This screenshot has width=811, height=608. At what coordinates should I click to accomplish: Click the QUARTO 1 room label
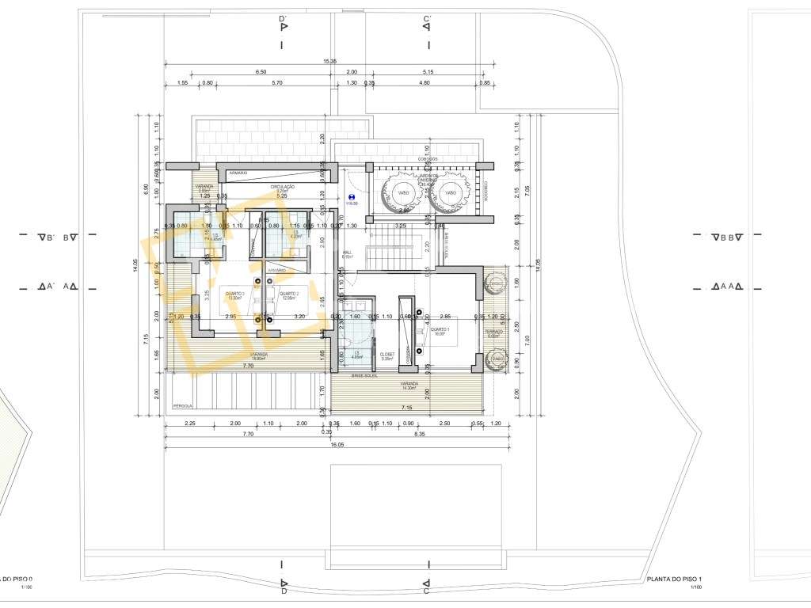pyautogui.click(x=440, y=330)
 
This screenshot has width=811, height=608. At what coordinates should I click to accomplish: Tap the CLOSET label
pyautogui.click(x=386, y=355)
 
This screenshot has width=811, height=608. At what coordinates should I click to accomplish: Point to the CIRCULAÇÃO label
pyautogui.click(x=282, y=187)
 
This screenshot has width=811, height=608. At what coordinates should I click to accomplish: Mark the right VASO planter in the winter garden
pyautogui.click(x=450, y=193)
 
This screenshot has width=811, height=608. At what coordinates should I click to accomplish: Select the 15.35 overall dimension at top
pyautogui.click(x=330, y=61)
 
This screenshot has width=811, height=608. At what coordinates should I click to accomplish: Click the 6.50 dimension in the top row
pyautogui.click(x=261, y=72)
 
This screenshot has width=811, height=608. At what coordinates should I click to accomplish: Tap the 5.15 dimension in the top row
pyautogui.click(x=428, y=72)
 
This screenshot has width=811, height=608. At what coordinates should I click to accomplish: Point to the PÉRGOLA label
pyautogui.click(x=182, y=406)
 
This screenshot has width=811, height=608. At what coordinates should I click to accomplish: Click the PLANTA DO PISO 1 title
pyautogui.click(x=674, y=579)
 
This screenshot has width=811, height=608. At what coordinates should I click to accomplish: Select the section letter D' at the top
pyautogui.click(x=283, y=17)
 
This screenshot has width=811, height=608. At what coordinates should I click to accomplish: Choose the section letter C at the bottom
pyautogui.click(x=426, y=591)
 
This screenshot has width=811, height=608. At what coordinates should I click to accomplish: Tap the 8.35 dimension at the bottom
pyautogui.click(x=419, y=434)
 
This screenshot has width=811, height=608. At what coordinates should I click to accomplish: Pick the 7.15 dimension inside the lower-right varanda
pyautogui.click(x=406, y=407)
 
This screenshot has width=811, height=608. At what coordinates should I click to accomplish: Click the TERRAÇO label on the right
pyautogui.click(x=493, y=332)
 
